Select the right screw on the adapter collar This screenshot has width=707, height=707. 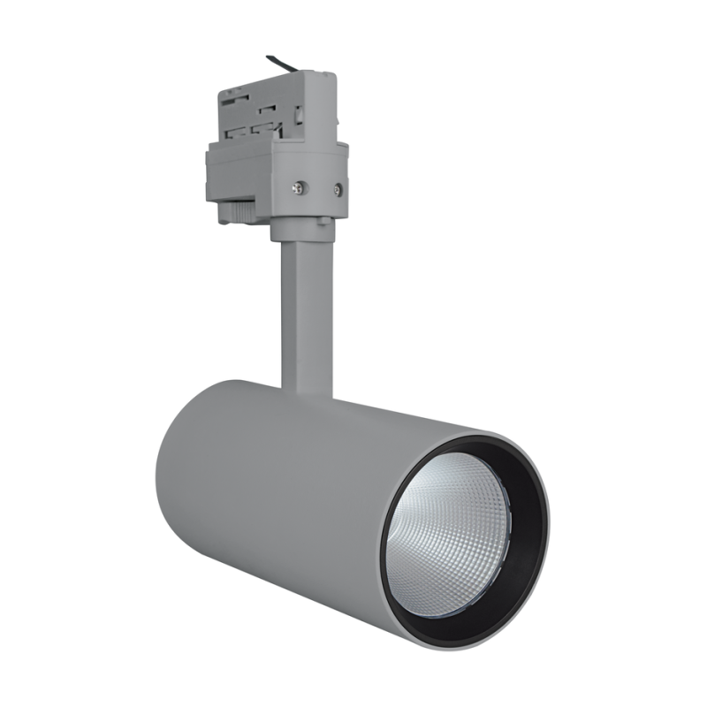click(x=337, y=187)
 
